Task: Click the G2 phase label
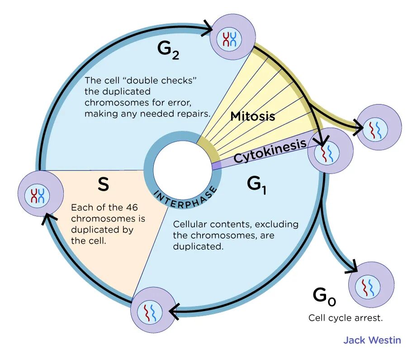point(169,51)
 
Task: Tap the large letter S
point(104,184)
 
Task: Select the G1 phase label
point(256,185)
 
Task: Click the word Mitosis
point(252,116)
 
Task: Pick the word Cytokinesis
point(270,151)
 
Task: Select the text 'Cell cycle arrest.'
point(346,317)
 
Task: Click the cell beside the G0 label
point(371,285)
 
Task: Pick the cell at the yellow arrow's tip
point(379,128)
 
